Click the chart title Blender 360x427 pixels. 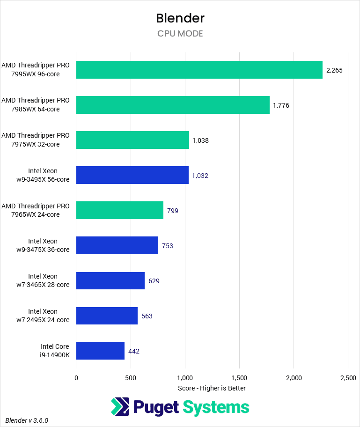[180, 18]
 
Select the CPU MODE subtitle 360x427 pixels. [180, 34]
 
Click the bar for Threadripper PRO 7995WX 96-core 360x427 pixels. [199, 70]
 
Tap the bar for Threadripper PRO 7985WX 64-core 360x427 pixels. [173, 105]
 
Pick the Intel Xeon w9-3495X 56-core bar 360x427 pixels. [132, 175]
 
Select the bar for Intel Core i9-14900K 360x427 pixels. [100, 351]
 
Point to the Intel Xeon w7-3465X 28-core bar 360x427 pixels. [110, 280]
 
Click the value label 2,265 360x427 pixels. [334, 70]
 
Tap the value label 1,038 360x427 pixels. [200, 140]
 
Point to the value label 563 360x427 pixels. [147, 316]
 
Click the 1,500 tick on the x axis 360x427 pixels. [239, 377]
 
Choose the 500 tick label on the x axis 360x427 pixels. [131, 377]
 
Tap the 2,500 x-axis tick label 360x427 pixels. [347, 377]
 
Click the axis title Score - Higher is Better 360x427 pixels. [212, 388]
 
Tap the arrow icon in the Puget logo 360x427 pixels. [120, 406]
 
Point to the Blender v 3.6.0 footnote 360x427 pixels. [27, 420]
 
